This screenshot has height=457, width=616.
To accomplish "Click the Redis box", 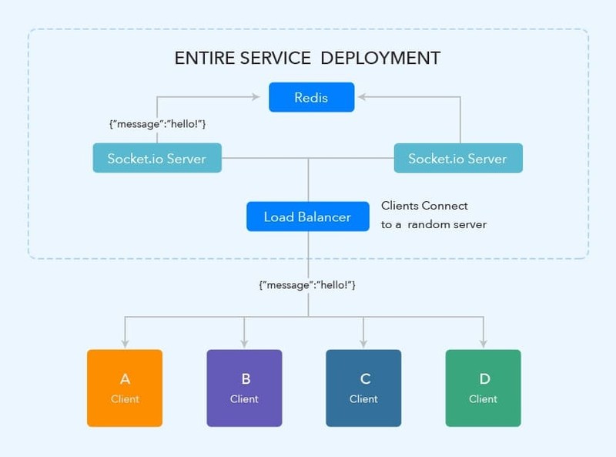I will pyautogui.click(x=311, y=98).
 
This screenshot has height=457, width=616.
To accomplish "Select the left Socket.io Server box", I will pyautogui.click(x=157, y=158).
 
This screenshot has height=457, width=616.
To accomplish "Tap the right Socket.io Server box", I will pyautogui.click(x=457, y=158).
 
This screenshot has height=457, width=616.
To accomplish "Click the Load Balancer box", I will pyautogui.click(x=307, y=217).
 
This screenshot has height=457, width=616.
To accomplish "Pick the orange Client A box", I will pyautogui.click(x=125, y=388).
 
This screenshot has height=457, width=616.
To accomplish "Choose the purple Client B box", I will pyautogui.click(x=245, y=388).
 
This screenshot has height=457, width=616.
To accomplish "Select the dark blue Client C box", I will pyautogui.click(x=363, y=388).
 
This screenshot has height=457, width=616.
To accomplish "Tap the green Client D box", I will pyautogui.click(x=483, y=388).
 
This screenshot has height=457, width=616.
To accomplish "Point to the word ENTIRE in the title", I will pyautogui.click(x=202, y=58).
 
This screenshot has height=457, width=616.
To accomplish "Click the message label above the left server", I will pyautogui.click(x=159, y=124).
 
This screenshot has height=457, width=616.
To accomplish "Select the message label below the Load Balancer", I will pyautogui.click(x=307, y=285).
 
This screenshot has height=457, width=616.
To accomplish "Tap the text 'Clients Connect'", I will pyautogui.click(x=424, y=206).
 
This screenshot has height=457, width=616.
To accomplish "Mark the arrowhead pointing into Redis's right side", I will pyautogui.click(x=360, y=98).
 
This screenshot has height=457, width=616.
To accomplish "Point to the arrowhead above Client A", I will pyautogui.click(x=125, y=344).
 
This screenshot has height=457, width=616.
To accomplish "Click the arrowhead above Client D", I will pyautogui.click(x=484, y=344).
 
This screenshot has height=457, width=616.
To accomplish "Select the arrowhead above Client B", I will pyautogui.click(x=245, y=344).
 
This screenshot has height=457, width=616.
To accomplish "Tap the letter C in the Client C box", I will pyautogui.click(x=364, y=378).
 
